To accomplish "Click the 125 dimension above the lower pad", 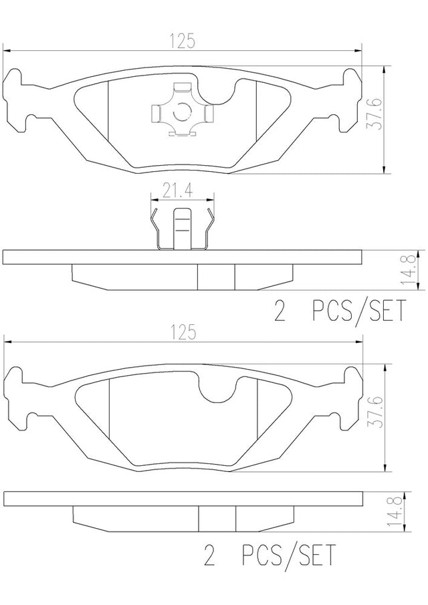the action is [x=183, y=333].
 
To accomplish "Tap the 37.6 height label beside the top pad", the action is [x=374, y=114].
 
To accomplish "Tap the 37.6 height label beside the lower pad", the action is [x=374, y=412].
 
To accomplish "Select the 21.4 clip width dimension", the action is [x=177, y=191].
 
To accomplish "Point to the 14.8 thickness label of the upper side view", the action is [x=409, y=269].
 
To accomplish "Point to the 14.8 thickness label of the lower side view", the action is [x=394, y=512].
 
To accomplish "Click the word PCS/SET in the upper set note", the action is [x=359, y=311].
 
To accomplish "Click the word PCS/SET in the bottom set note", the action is [x=289, y=555].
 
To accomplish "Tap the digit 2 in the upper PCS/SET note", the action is [x=279, y=311].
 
